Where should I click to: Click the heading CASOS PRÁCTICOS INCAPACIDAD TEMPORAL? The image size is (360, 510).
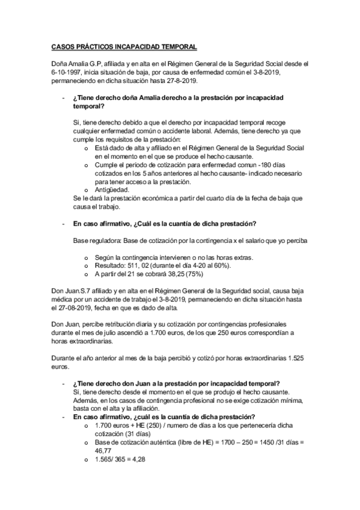[x=124, y=46]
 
